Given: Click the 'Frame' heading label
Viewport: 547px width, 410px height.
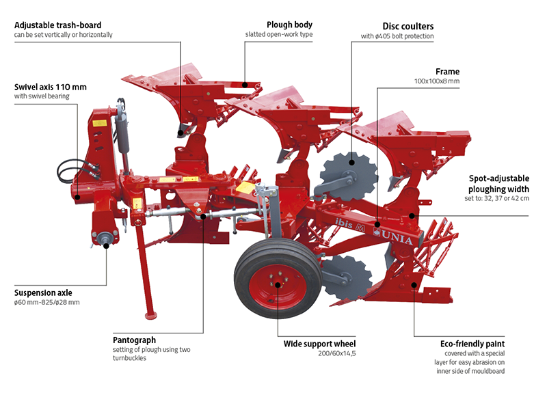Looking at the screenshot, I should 447,71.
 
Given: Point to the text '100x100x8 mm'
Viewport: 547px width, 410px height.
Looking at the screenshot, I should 436,81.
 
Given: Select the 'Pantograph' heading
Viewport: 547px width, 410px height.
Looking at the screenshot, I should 135,340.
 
